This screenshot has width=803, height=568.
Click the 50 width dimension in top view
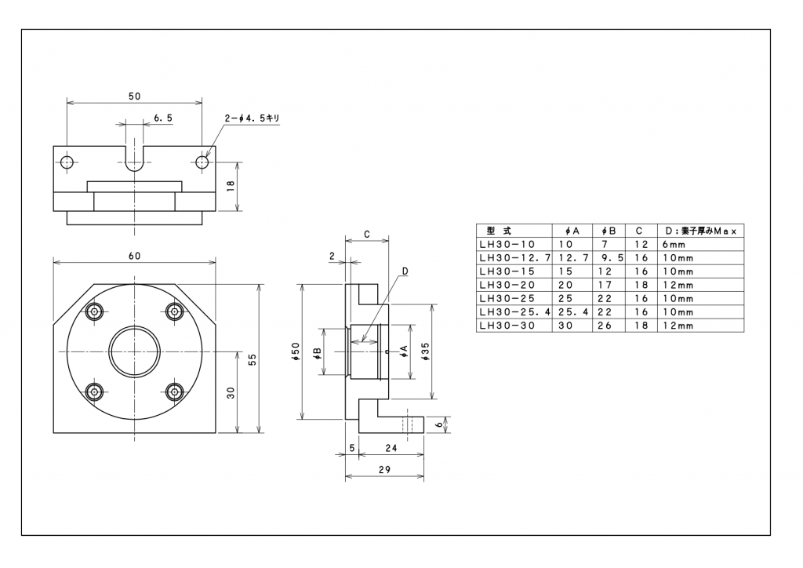[134, 96]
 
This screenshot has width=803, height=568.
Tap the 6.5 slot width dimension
[163, 117]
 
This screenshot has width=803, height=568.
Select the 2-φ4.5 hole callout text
[252, 118]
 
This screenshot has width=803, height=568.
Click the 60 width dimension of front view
[134, 256]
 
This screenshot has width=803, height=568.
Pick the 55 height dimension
[253, 359]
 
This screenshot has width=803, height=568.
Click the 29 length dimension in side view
[384, 469]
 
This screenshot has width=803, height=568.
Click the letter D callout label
[405, 271]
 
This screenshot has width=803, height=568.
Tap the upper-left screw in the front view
[95, 311]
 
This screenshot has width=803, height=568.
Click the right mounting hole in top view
[202, 162]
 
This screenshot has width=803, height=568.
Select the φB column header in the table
[609, 231]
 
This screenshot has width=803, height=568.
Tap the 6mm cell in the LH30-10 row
[674, 244]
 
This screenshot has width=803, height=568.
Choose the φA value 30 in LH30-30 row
[565, 325]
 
